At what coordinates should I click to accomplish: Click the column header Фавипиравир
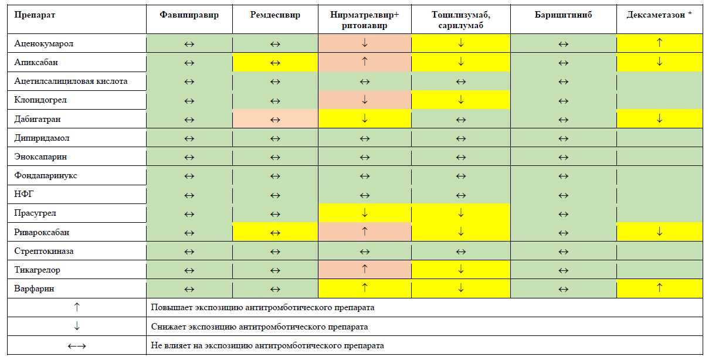click(x=189, y=15)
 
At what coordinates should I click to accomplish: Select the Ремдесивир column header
click(x=276, y=15)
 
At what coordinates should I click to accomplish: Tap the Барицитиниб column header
click(x=563, y=15)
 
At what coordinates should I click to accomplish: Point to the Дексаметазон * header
click(x=659, y=15)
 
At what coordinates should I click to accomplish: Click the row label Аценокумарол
click(x=44, y=43)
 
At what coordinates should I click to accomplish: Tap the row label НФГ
click(x=24, y=194)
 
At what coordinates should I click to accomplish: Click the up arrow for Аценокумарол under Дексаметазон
click(x=659, y=43)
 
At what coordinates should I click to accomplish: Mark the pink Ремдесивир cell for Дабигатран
click(x=276, y=119)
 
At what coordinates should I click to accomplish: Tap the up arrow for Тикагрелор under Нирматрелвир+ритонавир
click(x=364, y=270)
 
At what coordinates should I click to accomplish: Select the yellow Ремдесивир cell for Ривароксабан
click(x=276, y=232)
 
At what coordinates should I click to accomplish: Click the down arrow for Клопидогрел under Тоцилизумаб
click(x=461, y=100)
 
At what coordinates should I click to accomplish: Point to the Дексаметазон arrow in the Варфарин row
click(x=659, y=288)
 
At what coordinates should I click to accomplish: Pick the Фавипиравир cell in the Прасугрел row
click(x=189, y=213)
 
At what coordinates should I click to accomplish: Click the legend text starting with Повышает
click(x=263, y=307)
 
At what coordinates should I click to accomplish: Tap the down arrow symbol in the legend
click(x=76, y=326)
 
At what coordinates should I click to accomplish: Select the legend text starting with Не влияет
click(x=267, y=345)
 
